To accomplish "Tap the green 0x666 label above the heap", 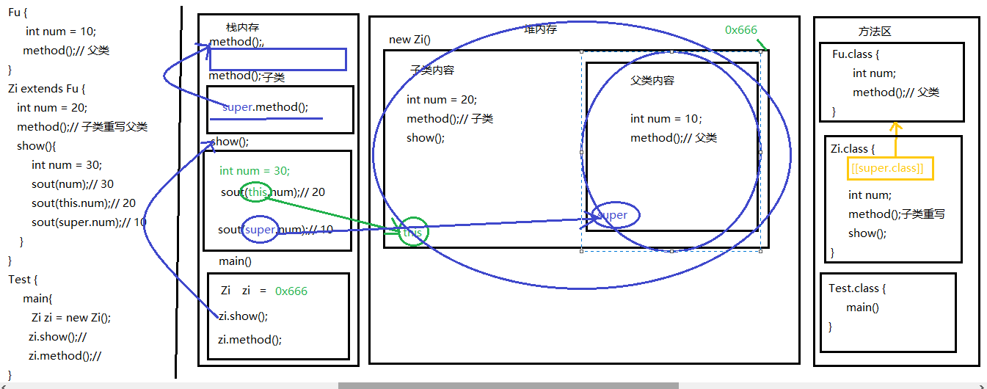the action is (x=740, y=30).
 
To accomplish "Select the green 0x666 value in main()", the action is (x=291, y=291).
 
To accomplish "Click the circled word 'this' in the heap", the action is (x=413, y=233).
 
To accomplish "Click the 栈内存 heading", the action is (x=243, y=27).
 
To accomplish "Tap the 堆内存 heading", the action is (x=540, y=29).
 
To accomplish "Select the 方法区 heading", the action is (x=875, y=32).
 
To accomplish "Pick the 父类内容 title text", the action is (x=652, y=81).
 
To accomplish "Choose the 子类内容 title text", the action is (x=431, y=70).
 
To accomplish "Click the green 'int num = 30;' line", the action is (x=255, y=171).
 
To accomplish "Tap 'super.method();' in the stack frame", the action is (x=265, y=107).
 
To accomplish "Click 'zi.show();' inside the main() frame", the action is (x=243, y=316).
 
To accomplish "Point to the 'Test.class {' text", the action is (x=857, y=288).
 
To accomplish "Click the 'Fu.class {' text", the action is (x=856, y=54).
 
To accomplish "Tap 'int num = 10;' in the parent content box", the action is (x=666, y=119).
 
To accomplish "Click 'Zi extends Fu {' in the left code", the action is (x=47, y=89).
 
